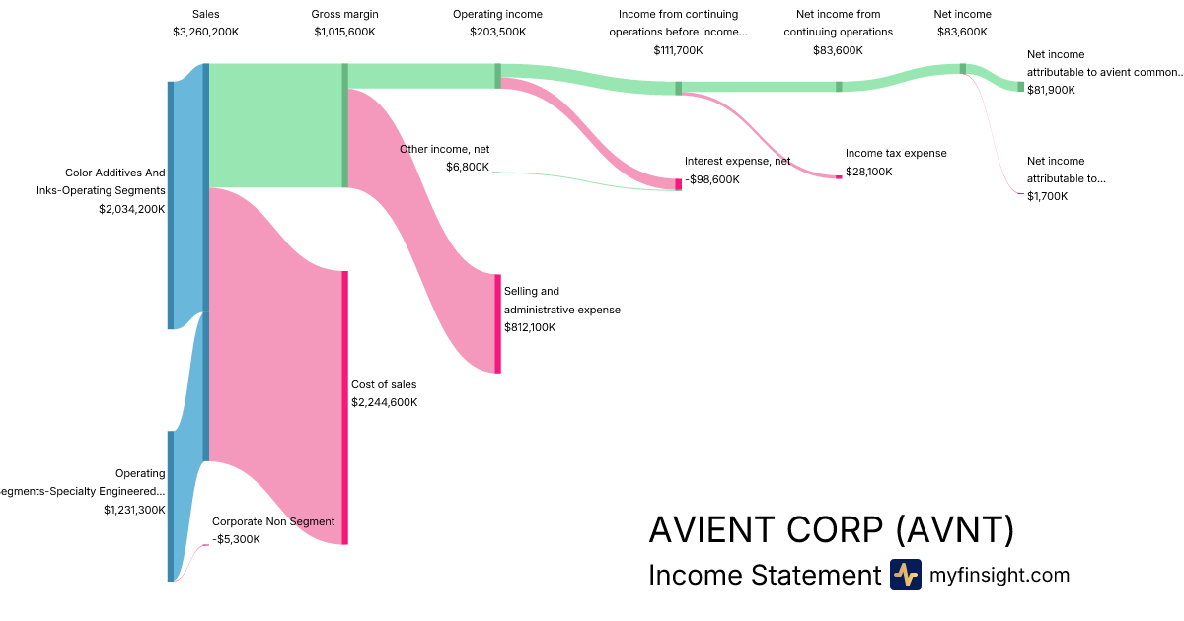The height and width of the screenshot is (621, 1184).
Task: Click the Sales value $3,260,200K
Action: pos(205,32)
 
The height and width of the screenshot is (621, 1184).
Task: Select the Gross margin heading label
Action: pos(344,14)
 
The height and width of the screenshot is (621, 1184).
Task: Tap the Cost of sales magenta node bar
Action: pos(345,407)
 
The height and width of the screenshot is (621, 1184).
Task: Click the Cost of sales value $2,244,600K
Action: pos(384,402)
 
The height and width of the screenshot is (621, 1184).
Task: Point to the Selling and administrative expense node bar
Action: pos(497,324)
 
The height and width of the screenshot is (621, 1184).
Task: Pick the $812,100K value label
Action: pos(530,327)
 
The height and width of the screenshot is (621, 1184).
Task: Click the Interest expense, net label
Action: pos(737,161)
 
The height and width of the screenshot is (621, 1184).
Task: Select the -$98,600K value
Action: pos(711,179)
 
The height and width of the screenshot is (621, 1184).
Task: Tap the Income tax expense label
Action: pos(895,153)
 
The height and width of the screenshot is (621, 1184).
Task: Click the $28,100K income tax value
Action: pos(868,172)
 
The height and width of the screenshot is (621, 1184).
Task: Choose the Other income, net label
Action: pos(444,149)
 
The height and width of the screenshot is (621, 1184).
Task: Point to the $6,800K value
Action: pos(467,167)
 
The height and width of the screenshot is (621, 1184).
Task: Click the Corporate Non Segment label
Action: pos(273,521)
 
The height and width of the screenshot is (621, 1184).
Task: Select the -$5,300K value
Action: pos(236,539)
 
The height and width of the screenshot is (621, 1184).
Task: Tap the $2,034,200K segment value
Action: pos(131,209)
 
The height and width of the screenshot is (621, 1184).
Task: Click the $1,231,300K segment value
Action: pos(134,510)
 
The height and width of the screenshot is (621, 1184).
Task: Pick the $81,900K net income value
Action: pos(1051,90)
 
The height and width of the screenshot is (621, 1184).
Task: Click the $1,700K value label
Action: pos(1047,196)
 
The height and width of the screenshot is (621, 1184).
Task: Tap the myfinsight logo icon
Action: pos(905,575)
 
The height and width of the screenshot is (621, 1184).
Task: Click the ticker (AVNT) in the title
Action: pos(955,530)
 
